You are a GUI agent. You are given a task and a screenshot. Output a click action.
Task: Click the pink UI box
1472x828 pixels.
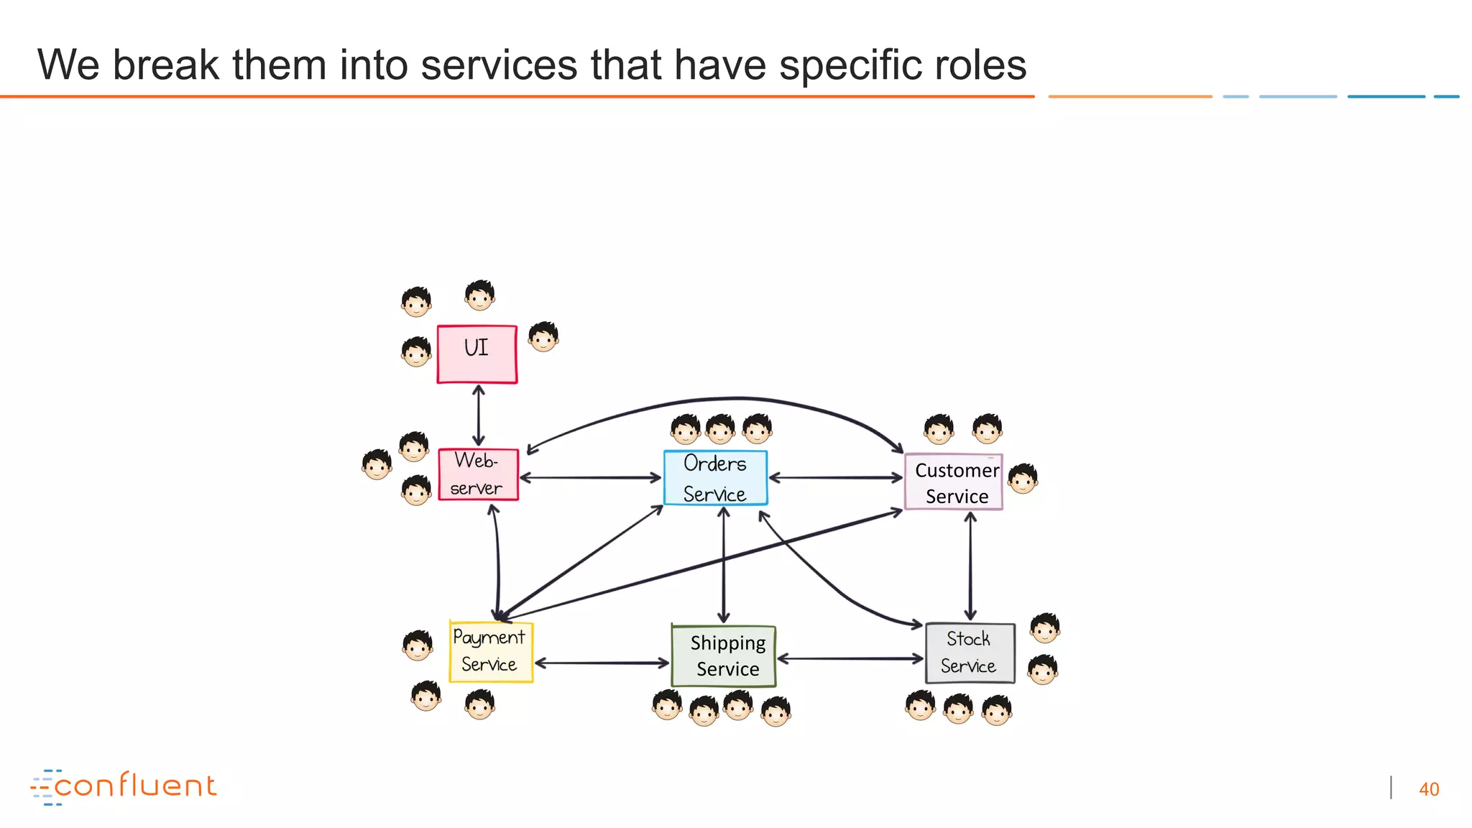[477, 354]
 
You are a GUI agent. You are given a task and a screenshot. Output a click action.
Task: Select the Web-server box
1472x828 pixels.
[478, 474]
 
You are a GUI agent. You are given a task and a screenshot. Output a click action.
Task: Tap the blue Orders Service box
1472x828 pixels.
[715, 478]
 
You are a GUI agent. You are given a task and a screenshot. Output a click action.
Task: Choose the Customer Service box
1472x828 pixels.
[954, 482]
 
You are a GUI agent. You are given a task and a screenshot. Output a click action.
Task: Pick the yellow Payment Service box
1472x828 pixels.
[491, 652]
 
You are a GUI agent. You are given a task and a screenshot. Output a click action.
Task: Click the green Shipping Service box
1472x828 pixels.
[724, 656]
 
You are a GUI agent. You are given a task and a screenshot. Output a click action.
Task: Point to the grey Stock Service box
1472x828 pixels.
[970, 653]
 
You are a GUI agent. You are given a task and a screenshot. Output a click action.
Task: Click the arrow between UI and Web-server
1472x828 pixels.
[479, 415]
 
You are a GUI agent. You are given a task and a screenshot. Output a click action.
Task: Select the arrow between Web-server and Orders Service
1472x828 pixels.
[589, 477]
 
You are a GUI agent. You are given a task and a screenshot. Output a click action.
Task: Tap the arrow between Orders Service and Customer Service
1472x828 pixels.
[835, 477]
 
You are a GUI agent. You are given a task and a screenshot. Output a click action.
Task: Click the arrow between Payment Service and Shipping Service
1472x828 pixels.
[602, 663]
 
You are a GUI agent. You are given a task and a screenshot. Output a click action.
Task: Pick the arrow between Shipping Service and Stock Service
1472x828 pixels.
[850, 658]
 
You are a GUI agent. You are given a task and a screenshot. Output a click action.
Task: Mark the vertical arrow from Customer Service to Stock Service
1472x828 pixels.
[970, 566]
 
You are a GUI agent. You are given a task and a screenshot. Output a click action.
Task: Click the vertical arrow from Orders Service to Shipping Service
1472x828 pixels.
[724, 565]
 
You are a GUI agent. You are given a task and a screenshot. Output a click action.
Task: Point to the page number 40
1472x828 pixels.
[1429, 789]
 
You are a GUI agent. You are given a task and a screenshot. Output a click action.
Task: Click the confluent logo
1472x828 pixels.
[124, 786]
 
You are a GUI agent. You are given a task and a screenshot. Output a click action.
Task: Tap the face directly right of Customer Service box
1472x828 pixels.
[1023, 479]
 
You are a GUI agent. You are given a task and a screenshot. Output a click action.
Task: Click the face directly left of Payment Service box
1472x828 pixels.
[418, 645]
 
